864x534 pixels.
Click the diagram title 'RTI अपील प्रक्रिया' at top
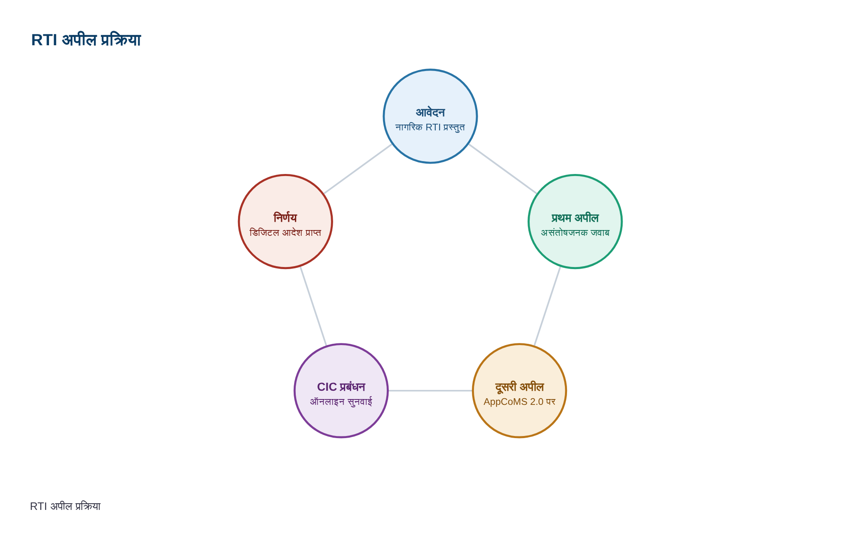point(86,40)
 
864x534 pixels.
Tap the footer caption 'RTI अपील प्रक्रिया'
point(65,506)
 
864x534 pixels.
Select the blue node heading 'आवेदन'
point(430,113)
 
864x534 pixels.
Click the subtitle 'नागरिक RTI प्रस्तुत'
point(430,127)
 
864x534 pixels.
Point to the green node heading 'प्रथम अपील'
point(575,218)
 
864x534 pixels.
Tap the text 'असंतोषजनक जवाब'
point(575,233)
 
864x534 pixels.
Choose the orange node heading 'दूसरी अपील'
point(519,387)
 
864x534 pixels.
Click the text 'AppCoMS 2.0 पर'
point(519,402)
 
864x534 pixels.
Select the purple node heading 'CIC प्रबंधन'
point(341,387)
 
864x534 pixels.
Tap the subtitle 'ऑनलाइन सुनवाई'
point(341,402)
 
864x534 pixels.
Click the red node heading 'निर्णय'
point(285,218)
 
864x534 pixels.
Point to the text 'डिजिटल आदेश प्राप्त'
point(285,233)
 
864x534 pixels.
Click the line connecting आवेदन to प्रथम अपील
point(503,169)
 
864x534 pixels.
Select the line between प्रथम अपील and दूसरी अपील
point(547,306)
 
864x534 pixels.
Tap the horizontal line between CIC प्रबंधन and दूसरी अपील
point(430,391)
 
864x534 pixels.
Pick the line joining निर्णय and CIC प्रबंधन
point(313,306)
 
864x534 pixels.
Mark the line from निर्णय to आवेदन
point(358,169)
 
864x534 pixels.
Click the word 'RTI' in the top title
point(44,40)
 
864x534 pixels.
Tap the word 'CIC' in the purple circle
point(327,387)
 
